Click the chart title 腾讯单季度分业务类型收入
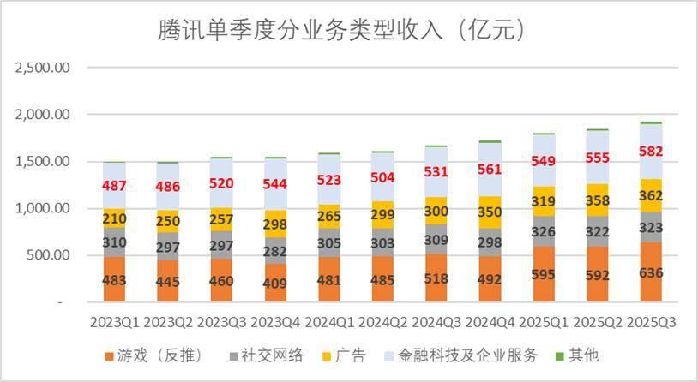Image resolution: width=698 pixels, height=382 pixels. (x=341, y=31)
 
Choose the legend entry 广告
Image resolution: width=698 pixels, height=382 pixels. (x=349, y=355)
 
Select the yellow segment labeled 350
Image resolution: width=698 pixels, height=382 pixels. (x=490, y=212)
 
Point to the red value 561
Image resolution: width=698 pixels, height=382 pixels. (x=490, y=170)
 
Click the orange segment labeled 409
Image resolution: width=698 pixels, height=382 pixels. (x=276, y=283)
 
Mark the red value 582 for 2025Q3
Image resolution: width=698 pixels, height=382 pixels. (x=652, y=151)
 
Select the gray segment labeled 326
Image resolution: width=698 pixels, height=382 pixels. (x=545, y=231)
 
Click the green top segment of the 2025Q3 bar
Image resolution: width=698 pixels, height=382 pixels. (x=652, y=122)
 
